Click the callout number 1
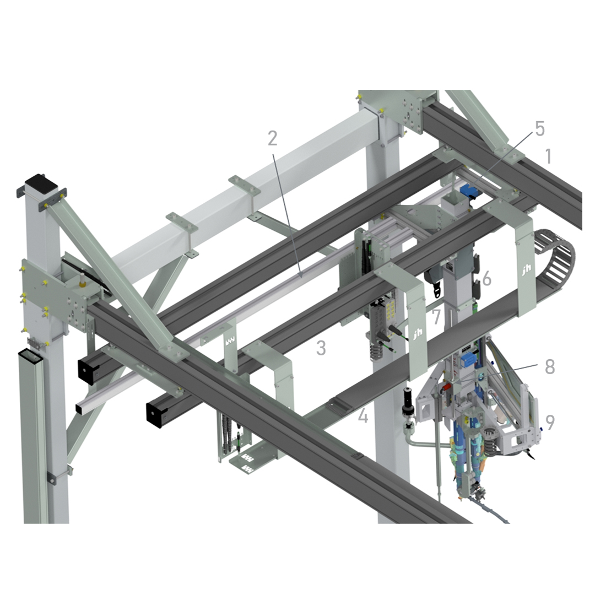pyautogui.click(x=548, y=156)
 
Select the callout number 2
pyautogui.click(x=273, y=138)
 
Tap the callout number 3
pyautogui.click(x=321, y=348)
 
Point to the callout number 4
pyautogui.click(x=363, y=415)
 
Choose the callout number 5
pyautogui.click(x=539, y=128)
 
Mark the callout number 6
pyautogui.click(x=486, y=279)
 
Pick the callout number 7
pyautogui.click(x=436, y=317)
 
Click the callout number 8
pyautogui.click(x=549, y=366)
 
